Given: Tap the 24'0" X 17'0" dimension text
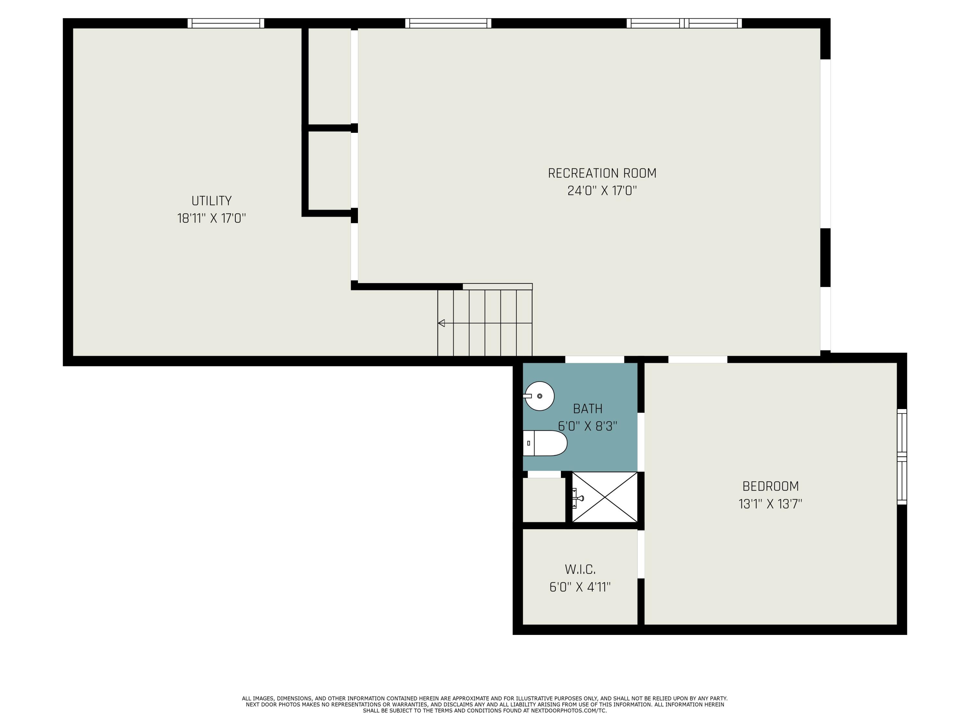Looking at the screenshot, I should click(x=602, y=191).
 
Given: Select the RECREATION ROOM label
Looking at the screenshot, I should click(x=602, y=174).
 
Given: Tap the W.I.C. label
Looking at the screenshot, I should click(x=580, y=570).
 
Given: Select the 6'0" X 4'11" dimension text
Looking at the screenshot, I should click(x=580, y=587).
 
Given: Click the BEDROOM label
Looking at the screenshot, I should click(x=770, y=486).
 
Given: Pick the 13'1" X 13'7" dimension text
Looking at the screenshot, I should click(x=770, y=504).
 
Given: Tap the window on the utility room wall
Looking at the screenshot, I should click(x=226, y=24).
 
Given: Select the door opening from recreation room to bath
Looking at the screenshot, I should click(x=594, y=359).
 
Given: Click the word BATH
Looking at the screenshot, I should click(x=587, y=409).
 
